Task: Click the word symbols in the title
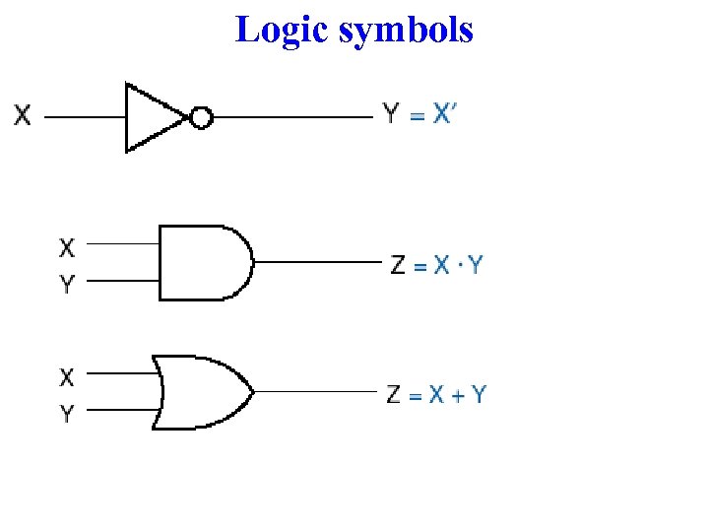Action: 406,30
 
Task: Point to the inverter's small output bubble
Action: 201,118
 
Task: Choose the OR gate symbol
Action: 203,392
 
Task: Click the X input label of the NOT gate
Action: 22,116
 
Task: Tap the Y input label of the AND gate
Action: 67,286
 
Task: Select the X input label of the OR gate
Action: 67,376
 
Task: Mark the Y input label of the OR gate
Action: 67,414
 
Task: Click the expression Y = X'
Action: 420,114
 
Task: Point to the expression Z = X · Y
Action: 436,265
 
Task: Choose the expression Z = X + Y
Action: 436,395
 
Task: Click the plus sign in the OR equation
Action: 454,396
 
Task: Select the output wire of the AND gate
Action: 315,263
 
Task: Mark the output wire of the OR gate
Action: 315,392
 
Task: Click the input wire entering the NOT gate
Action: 84,117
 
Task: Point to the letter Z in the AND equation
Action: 398,265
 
